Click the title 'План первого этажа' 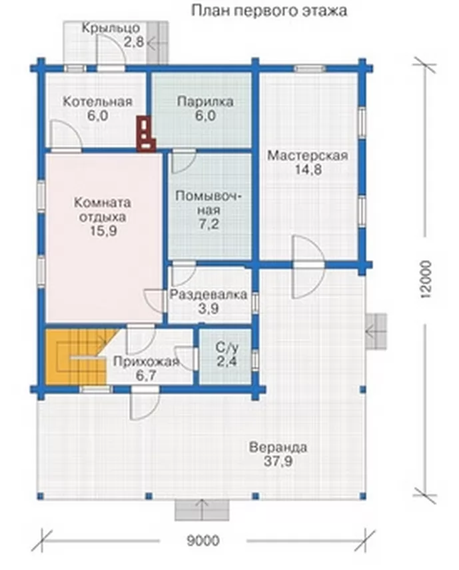268,11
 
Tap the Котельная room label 98,101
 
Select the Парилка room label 205,102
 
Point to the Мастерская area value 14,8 308,170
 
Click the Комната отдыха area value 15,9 103,231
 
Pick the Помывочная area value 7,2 209,224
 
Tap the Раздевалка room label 209,295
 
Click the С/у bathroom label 227,348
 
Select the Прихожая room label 146,362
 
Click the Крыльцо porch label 111,29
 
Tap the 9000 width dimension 203,541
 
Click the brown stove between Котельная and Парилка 145,133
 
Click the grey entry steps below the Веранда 202,510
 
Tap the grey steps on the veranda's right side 376,331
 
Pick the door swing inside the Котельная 66,135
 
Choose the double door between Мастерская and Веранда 308,267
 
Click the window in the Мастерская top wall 309,69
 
